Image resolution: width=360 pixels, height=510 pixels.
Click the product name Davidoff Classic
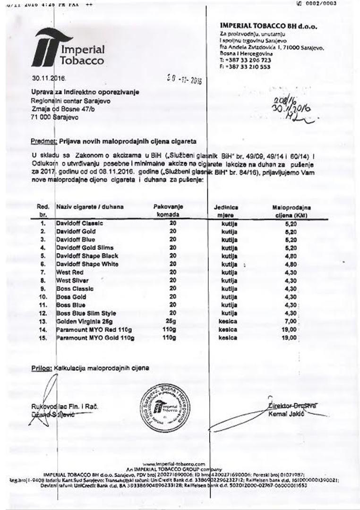click(79, 223)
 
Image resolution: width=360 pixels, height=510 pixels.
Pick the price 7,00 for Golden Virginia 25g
click(291, 322)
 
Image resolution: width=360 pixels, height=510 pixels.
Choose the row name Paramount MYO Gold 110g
click(95, 338)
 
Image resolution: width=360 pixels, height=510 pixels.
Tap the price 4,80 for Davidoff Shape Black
click(291, 256)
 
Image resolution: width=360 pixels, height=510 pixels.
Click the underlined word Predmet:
click(44, 141)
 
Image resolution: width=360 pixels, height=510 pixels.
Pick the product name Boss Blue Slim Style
click(86, 314)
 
